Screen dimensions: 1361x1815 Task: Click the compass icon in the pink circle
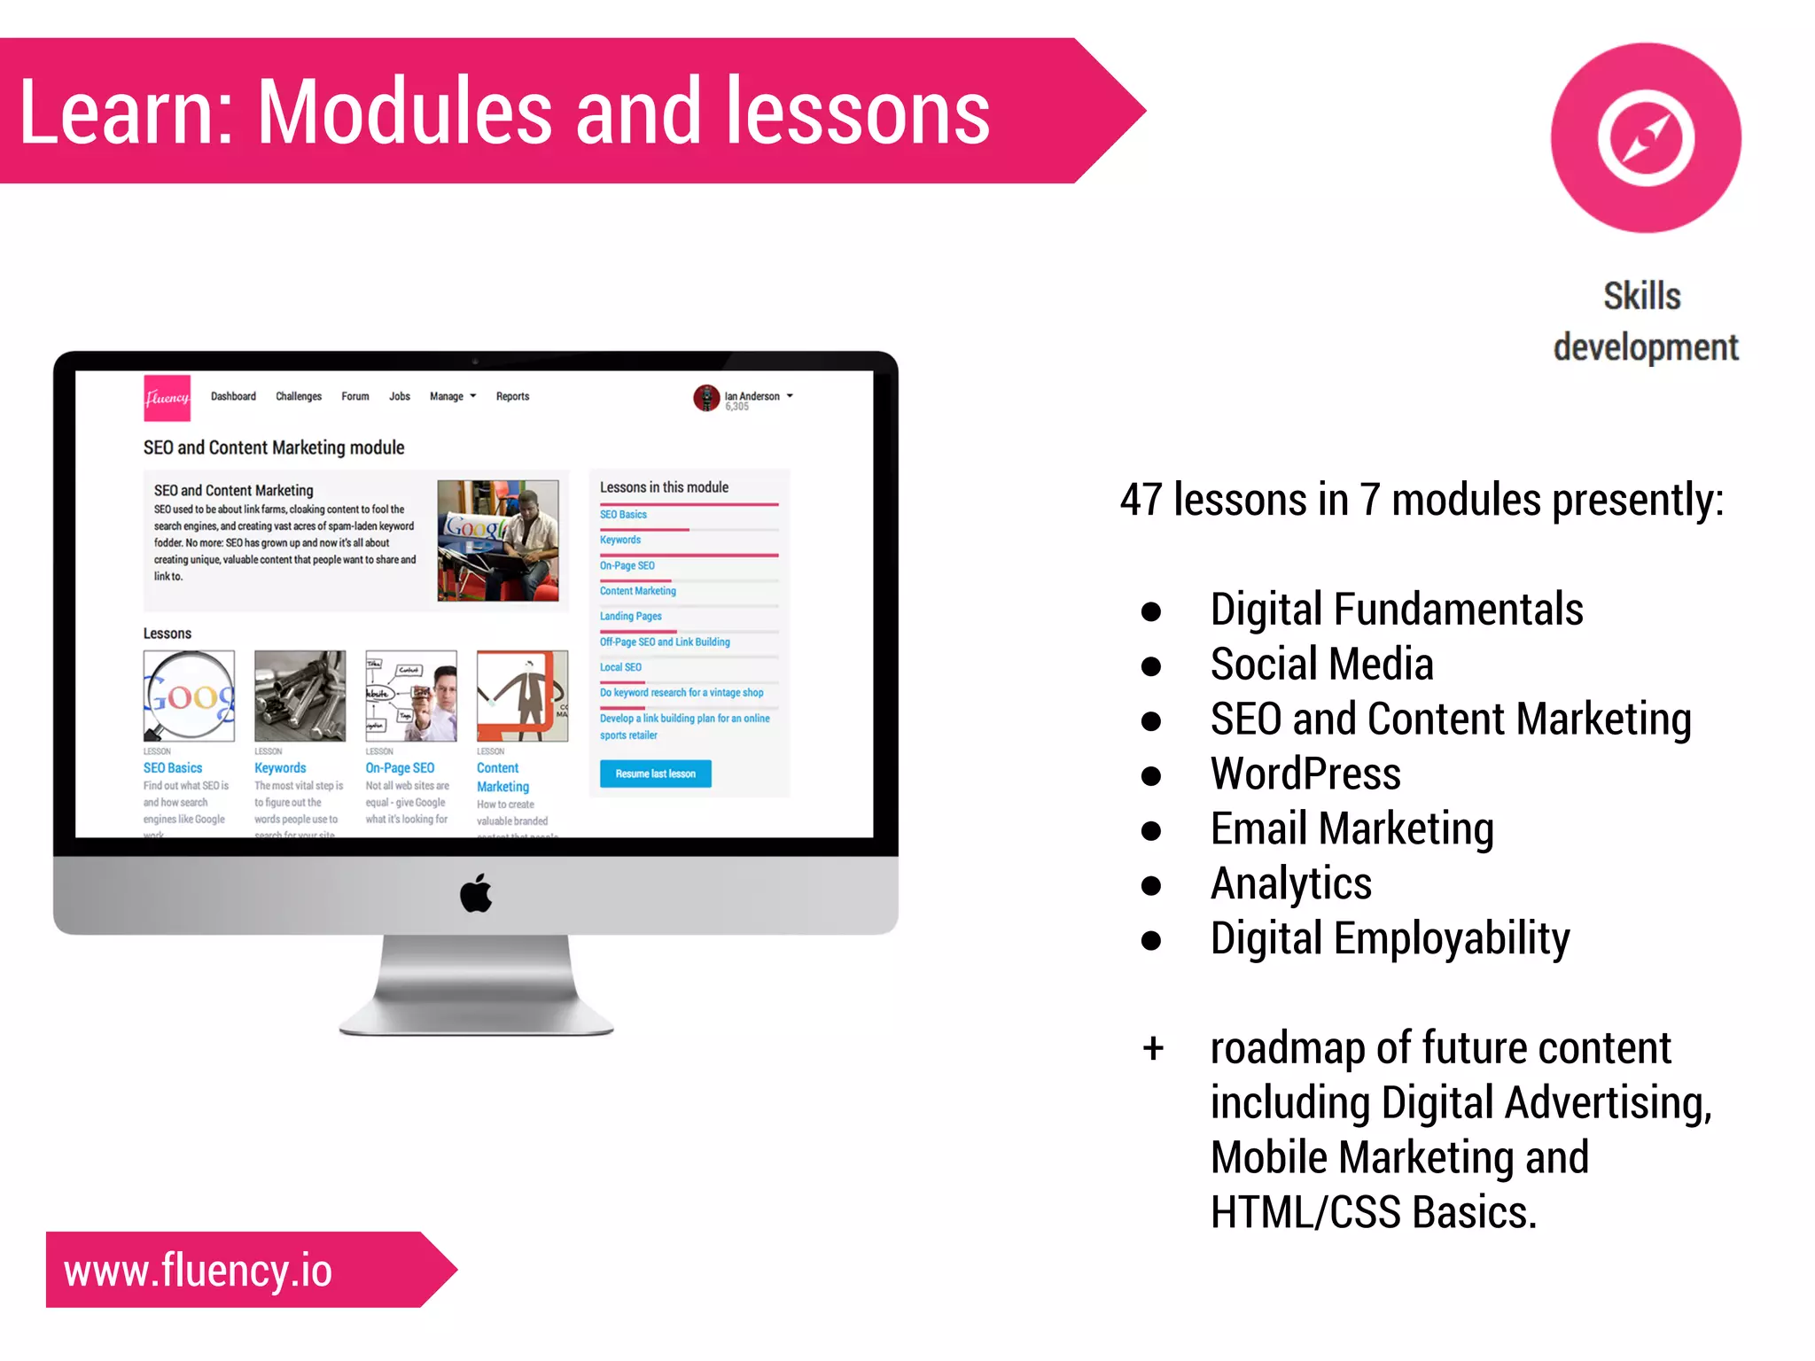click(1646, 138)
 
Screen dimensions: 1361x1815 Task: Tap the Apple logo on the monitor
click(476, 893)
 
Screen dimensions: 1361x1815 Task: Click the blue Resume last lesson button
click(655, 774)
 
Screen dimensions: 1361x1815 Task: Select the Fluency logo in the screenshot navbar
click(167, 398)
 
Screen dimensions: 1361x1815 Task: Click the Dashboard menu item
click(233, 396)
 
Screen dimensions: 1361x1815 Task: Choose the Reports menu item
click(512, 396)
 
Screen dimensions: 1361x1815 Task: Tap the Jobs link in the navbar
click(399, 396)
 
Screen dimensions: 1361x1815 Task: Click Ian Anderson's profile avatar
click(705, 398)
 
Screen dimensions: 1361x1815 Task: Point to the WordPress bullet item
click(1305, 774)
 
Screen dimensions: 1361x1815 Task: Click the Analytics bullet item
click(1290, 883)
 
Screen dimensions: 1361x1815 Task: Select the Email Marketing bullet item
click(1352, 828)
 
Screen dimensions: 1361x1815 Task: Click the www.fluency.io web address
click(198, 1271)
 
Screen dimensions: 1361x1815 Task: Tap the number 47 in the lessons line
click(1141, 500)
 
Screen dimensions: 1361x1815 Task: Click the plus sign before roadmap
click(1152, 1049)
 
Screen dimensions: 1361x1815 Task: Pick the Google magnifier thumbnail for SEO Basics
click(189, 696)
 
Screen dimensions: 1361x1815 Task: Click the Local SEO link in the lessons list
click(620, 667)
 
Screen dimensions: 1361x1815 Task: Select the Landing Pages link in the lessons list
click(630, 616)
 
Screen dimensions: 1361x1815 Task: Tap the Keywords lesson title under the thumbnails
click(280, 768)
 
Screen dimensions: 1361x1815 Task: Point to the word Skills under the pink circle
click(1641, 296)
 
